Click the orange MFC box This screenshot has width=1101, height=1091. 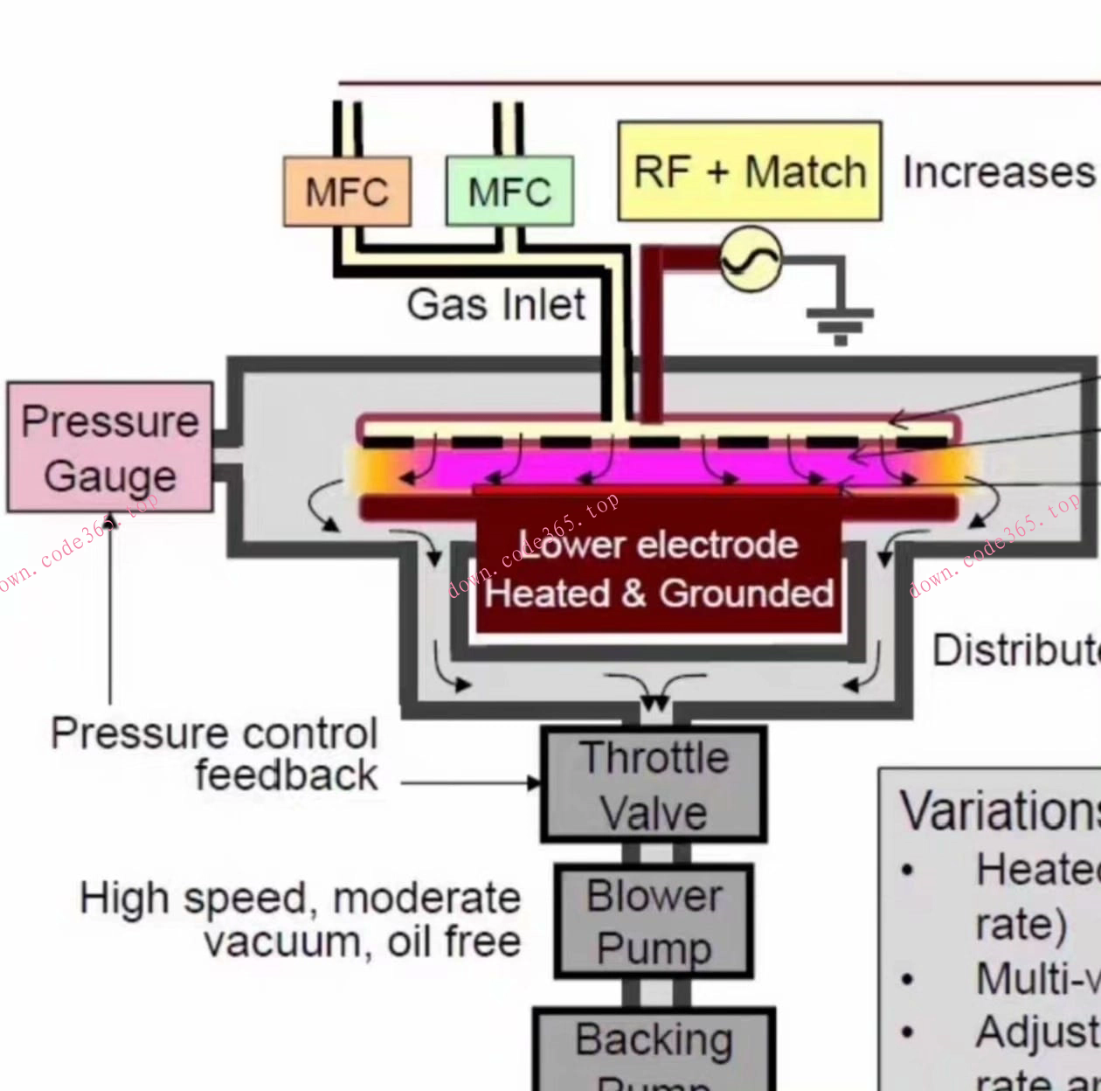[347, 191]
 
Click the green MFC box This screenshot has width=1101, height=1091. [509, 191]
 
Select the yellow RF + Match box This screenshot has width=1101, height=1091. [749, 171]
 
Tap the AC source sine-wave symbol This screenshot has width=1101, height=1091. [750, 260]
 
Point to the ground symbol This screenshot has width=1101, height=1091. [840, 323]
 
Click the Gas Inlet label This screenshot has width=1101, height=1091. [495, 305]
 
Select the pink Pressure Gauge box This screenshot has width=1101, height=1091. [110, 447]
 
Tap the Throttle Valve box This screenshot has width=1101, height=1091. [654, 784]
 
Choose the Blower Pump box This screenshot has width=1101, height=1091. [654, 921]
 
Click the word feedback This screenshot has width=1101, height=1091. [286, 775]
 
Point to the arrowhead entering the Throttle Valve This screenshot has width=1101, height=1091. [534, 782]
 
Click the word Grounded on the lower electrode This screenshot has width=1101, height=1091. [746, 594]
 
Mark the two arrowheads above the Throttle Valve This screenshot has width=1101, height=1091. [654, 703]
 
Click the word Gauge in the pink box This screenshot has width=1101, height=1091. [110, 476]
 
